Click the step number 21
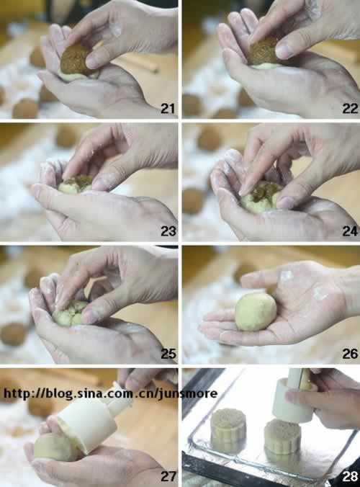pyautogui.click(x=168, y=108)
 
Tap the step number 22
pyautogui.click(x=350, y=108)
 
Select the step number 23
pyautogui.click(x=168, y=231)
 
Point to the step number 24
pyautogui.click(x=350, y=231)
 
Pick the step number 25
pyautogui.click(x=168, y=354)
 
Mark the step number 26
pyautogui.click(x=350, y=354)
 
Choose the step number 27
pyautogui.click(x=168, y=476)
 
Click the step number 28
pyautogui.click(x=350, y=476)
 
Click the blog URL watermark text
pyautogui.click(x=110, y=393)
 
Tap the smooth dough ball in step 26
pyautogui.click(x=256, y=311)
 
